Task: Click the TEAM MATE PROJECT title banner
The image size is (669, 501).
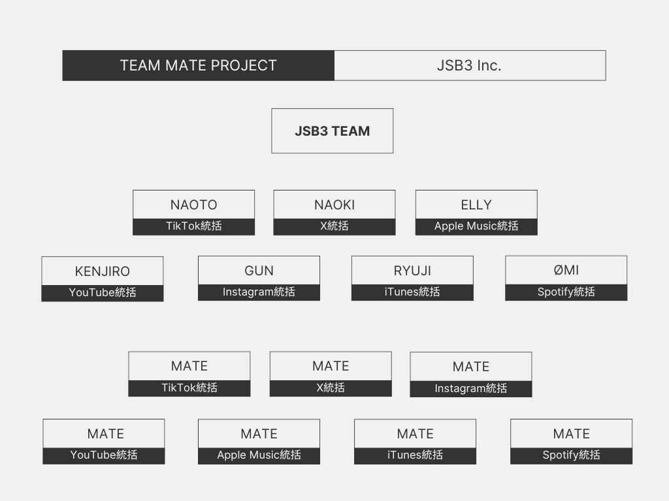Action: coord(199,66)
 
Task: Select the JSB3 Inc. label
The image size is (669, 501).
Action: coord(469,66)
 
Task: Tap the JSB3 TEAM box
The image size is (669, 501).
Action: coord(333,130)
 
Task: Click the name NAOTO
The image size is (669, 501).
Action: coord(193,205)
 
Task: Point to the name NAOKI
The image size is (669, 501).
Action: coord(334,205)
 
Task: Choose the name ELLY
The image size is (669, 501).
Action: coord(476,205)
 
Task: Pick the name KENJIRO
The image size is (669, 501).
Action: coord(103,271)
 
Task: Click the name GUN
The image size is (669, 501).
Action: coord(259,271)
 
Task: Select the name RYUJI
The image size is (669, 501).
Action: coord(412,271)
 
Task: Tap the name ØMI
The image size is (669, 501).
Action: coord(566,270)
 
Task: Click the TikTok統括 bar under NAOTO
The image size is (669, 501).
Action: coord(193,226)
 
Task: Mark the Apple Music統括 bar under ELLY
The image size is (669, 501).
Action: coord(476,226)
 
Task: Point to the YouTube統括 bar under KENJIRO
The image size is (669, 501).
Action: coord(103,293)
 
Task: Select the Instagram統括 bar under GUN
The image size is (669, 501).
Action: coord(259,293)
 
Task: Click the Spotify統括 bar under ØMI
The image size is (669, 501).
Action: coord(566,293)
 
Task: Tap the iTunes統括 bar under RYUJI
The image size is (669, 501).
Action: coord(412,293)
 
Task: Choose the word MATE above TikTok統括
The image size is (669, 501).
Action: coord(189,367)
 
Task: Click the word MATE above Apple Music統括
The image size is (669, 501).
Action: coord(259,434)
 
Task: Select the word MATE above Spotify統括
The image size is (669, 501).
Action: coord(571,434)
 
